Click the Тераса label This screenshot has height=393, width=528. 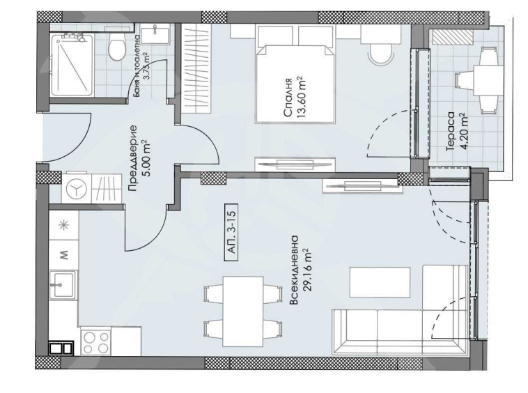(451, 130)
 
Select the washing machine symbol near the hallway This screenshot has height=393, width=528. (78, 187)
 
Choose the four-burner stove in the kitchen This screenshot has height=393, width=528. (95, 342)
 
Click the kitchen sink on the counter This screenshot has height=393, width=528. (63, 285)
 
